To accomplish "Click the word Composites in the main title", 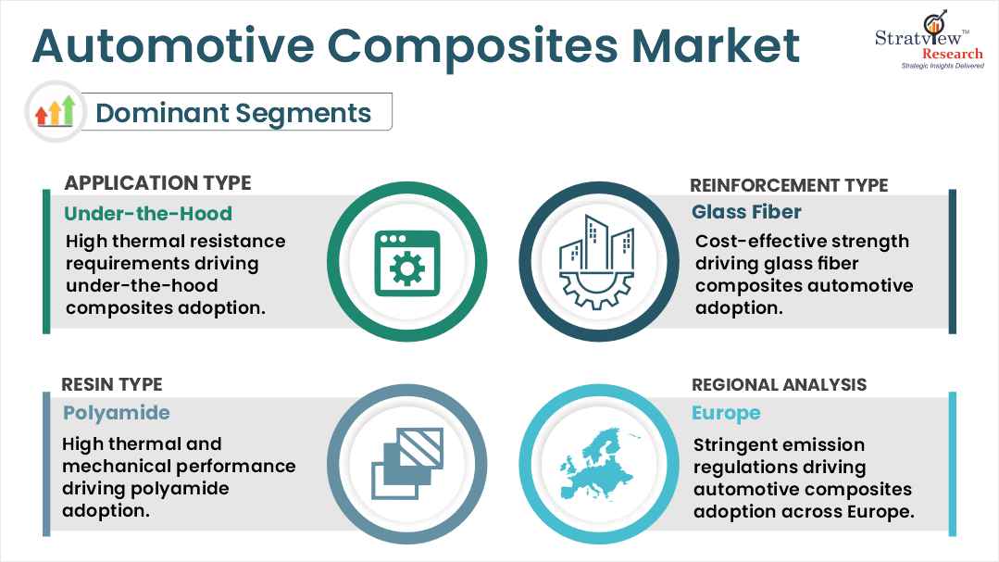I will pos(439,46).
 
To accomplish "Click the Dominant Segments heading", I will pos(233,113).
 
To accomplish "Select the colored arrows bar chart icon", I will pos(55,112).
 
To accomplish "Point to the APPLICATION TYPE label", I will pos(157,182).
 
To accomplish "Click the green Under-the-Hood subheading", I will pos(147,214).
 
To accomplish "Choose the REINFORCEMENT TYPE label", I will pos(790,185).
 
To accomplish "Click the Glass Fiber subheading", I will pos(746,212).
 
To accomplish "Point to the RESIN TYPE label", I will pos(112,384).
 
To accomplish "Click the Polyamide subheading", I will pos(117,412).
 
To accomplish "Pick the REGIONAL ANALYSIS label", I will pos(779,384).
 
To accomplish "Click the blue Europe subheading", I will pos(726,412).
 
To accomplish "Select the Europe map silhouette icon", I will pos(597,461).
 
